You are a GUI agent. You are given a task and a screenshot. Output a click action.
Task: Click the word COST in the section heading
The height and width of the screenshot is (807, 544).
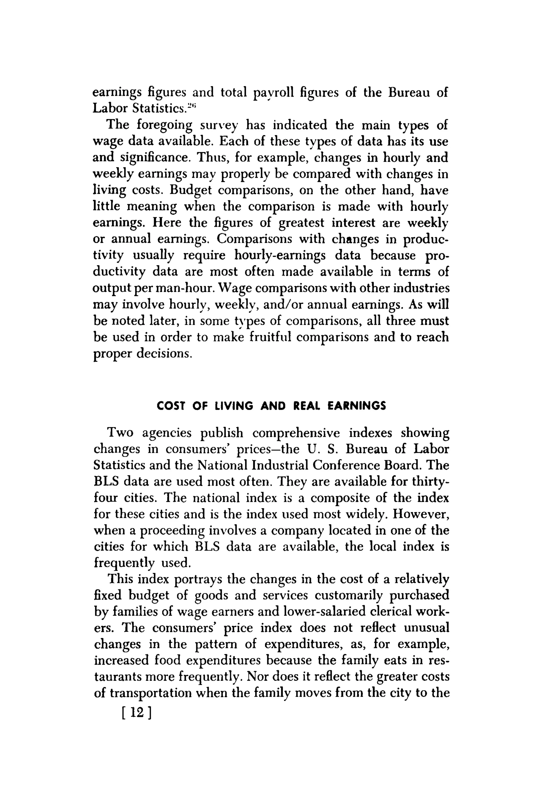coord(170,406)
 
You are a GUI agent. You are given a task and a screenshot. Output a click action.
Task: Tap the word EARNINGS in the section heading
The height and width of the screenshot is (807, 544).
coord(357,406)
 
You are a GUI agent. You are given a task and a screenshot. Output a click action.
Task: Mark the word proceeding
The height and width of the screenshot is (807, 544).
coord(172,531)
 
